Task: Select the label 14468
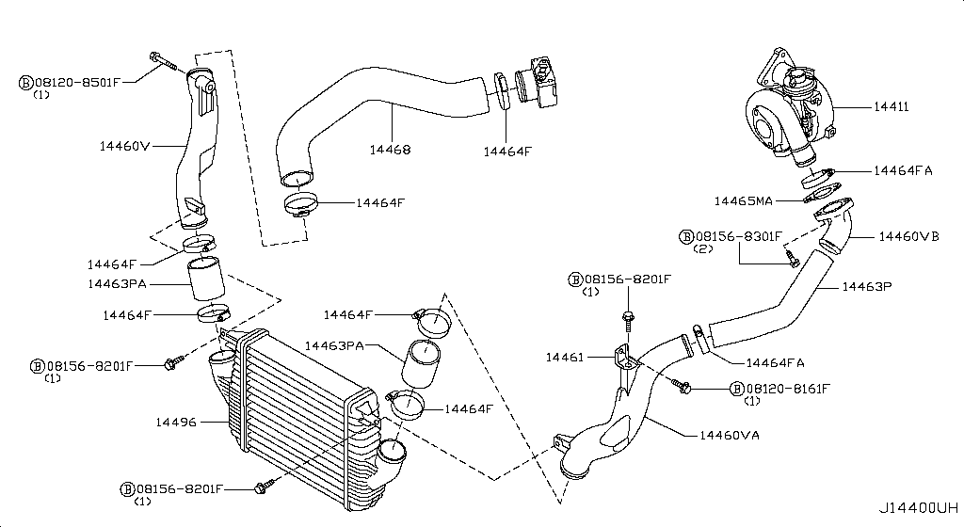[x=390, y=150]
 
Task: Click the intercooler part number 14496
[x=176, y=423]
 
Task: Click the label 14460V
[x=125, y=146]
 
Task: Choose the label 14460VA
[x=731, y=435]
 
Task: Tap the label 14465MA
[x=744, y=200]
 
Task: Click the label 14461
[x=566, y=357]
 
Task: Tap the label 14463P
[x=866, y=285]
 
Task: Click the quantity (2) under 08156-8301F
[x=702, y=249]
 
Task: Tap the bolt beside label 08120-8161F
[x=682, y=385]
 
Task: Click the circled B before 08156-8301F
[x=685, y=236]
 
